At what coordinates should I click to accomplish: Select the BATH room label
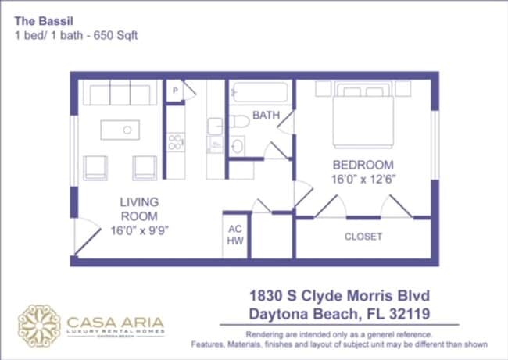click(266, 116)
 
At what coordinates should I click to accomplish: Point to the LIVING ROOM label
click(139, 209)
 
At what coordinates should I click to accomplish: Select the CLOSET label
click(363, 236)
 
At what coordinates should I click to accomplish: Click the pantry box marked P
click(175, 91)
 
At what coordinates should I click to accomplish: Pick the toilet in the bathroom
click(238, 121)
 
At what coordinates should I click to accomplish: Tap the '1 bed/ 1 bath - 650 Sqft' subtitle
click(76, 35)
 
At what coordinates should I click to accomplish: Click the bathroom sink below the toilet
click(238, 144)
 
